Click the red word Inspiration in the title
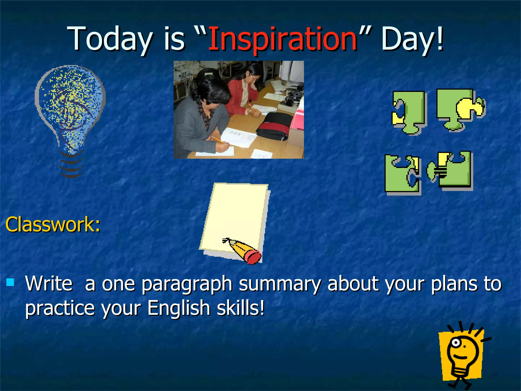(x=282, y=39)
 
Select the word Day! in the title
(x=412, y=39)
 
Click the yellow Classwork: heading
(x=53, y=225)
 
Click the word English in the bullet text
(x=178, y=308)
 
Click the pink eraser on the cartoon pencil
(x=253, y=257)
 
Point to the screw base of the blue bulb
(x=71, y=164)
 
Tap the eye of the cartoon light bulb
(x=456, y=343)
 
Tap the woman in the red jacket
(x=244, y=92)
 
